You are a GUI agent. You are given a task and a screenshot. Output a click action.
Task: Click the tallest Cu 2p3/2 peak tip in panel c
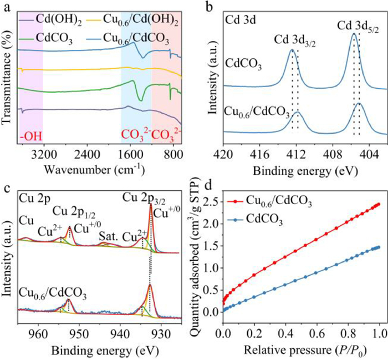point(151,205)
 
